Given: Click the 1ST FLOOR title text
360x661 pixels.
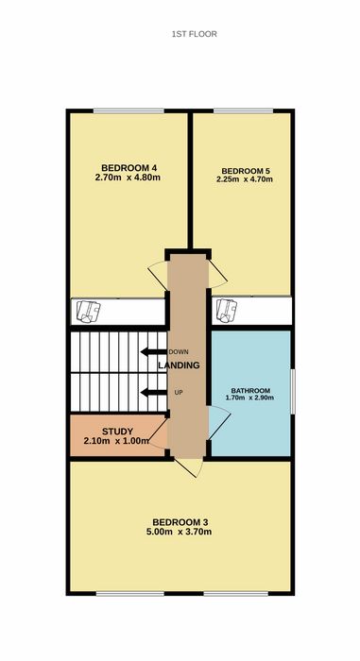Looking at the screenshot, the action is [194, 34].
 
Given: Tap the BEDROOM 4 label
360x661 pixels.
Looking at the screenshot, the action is [127, 167].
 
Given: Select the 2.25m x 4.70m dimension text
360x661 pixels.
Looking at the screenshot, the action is [245, 179].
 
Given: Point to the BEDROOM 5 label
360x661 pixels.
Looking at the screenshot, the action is [246, 171].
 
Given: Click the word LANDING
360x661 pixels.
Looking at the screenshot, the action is [179, 365].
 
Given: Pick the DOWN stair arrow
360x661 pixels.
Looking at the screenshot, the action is [154, 352].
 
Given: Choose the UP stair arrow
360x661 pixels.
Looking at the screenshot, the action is [154, 393].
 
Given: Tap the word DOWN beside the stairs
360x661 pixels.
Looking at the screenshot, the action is [179, 352].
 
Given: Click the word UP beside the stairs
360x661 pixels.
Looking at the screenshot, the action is [179, 393].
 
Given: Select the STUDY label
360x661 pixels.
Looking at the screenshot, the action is [117, 432].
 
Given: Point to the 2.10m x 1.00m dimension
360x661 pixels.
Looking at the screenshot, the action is [116, 441].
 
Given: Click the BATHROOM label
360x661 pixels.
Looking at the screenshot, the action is [250, 390].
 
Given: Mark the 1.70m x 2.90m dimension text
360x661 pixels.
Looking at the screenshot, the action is [250, 398].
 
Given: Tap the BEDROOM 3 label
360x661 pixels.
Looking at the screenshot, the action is [180, 522].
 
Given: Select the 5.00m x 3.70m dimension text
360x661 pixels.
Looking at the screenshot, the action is [179, 532].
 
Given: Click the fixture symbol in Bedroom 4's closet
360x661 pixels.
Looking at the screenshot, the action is [88, 312].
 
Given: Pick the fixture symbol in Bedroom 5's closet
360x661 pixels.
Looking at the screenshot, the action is [226, 311].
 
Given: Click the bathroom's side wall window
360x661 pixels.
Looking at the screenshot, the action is [293, 392].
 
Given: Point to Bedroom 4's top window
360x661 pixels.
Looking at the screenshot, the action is [129, 110].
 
